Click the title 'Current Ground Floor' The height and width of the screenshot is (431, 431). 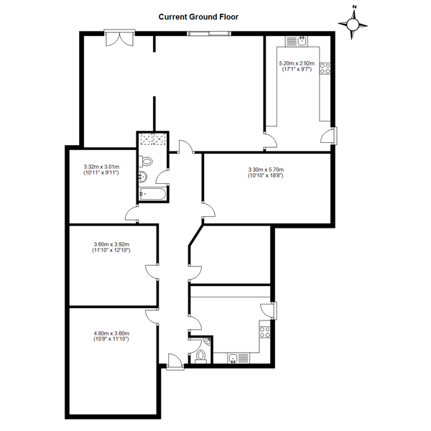point(198,17)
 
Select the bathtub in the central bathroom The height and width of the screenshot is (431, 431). point(152,194)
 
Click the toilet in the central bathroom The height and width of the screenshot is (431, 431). point(146,162)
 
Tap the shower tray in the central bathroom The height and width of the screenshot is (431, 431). point(153,139)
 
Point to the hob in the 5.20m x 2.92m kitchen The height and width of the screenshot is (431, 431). point(325,68)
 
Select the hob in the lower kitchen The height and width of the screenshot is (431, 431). point(264,333)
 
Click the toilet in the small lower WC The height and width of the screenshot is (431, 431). point(200,356)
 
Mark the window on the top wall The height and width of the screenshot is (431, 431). point(209,34)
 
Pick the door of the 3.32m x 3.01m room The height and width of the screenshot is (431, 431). point(132,214)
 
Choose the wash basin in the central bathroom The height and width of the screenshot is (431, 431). point(143,177)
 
